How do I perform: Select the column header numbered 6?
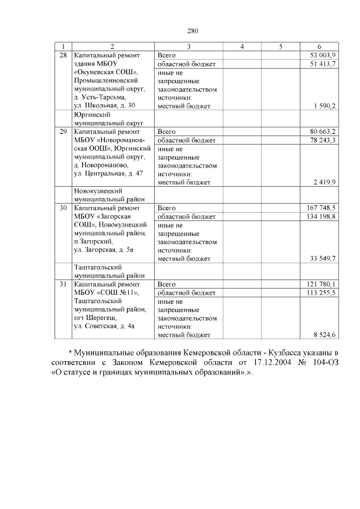point(319,47)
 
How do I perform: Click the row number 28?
point(63,55)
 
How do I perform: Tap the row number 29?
point(63,131)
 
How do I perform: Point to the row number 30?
point(63,208)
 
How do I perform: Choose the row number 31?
point(63,284)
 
